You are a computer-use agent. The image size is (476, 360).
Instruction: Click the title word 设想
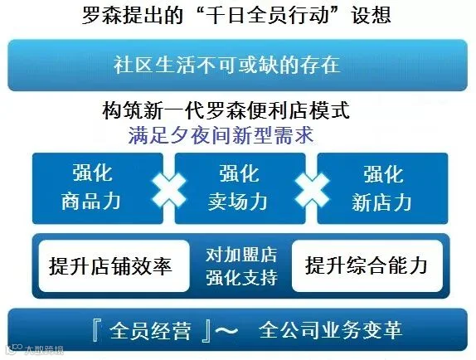[x=371, y=14]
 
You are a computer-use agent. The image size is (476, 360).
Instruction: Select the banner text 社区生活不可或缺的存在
[x=226, y=65]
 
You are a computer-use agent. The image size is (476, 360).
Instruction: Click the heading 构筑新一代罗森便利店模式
[x=226, y=110]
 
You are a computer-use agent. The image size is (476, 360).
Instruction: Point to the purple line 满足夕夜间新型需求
[x=221, y=135]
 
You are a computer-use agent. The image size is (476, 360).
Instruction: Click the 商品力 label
[x=91, y=201]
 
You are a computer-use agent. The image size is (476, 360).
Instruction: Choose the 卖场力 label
[x=238, y=201]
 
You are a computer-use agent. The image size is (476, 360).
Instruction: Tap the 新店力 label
[x=382, y=202]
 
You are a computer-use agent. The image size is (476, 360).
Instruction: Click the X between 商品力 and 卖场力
[x=169, y=190]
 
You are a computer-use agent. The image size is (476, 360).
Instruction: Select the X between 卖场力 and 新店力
[x=312, y=190]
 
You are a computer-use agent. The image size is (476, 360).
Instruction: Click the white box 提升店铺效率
[x=114, y=266]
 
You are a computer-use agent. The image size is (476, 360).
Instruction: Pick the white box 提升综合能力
[x=367, y=266]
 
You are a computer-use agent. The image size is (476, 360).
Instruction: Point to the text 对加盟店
[x=241, y=255]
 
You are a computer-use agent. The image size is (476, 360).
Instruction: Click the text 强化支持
[x=242, y=277]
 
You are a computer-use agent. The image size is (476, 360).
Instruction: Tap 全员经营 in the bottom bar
[x=151, y=330]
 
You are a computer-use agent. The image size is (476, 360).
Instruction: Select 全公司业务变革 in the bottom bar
[x=331, y=329]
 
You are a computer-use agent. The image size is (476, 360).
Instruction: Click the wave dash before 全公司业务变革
[x=226, y=330]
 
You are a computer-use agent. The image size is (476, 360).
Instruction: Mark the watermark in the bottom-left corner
[x=35, y=350]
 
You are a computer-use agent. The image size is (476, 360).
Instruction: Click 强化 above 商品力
[x=92, y=173]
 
